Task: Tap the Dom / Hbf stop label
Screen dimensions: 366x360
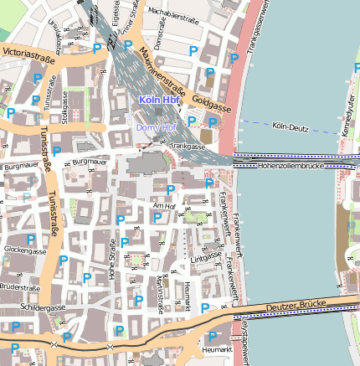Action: pyautogui.click(x=157, y=126)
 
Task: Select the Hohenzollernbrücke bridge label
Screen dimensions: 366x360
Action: pyautogui.click(x=291, y=166)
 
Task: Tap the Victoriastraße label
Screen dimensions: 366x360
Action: pyautogui.click(x=28, y=55)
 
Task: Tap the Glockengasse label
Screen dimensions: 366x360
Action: pyautogui.click(x=25, y=250)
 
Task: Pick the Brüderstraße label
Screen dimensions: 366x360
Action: pyautogui.click(x=21, y=286)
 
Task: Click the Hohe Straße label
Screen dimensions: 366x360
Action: pyautogui.click(x=111, y=260)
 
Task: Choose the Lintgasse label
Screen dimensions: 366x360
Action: pyautogui.click(x=204, y=258)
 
